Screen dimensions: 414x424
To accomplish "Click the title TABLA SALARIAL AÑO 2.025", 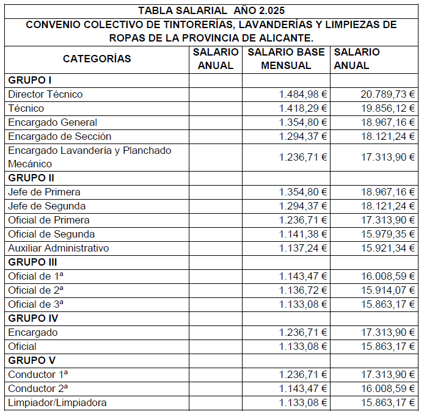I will (x=211, y=11).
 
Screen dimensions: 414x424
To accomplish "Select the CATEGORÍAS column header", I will (x=97, y=59).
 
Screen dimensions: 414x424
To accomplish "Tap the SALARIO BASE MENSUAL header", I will (x=286, y=59).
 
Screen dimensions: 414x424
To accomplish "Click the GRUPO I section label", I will (x=30, y=80).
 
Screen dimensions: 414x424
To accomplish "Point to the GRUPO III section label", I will (x=32, y=262).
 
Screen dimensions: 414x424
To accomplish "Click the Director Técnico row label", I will (x=45, y=94).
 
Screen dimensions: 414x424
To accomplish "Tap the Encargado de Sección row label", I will (x=59, y=136).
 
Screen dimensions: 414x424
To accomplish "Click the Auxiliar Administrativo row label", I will (x=58, y=248).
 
